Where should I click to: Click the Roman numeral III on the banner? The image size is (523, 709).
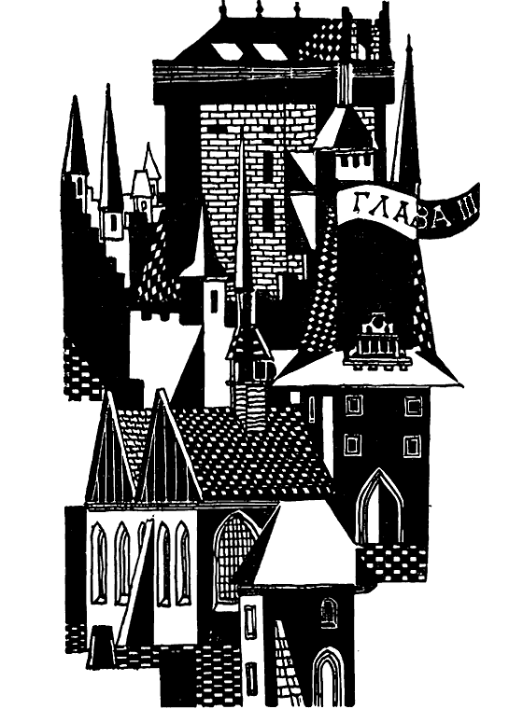464,206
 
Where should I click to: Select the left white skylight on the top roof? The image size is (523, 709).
225,50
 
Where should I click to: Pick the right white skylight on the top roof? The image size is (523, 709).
269,51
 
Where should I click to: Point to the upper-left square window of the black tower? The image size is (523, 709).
353,406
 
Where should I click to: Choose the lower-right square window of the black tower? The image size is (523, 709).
411,445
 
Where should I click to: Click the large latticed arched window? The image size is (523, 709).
234,557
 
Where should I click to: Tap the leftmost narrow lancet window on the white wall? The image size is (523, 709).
99,562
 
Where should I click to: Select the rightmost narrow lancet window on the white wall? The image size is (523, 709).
182,562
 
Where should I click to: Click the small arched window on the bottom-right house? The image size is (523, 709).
329,613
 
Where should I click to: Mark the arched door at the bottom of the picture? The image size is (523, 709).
328,677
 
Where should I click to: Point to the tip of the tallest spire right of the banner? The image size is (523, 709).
409,36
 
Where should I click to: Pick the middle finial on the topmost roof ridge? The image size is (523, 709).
260,7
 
